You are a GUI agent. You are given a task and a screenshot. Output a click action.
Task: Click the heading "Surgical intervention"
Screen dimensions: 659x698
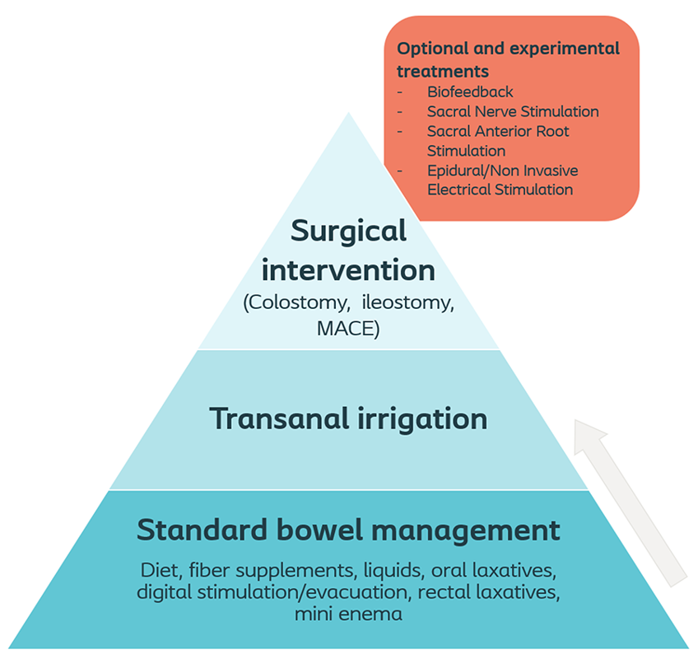pyautogui.click(x=349, y=250)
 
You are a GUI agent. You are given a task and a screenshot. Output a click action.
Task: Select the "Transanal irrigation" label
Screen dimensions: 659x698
pyautogui.click(x=348, y=418)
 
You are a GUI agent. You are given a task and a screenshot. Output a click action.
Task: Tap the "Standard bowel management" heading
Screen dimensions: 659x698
pyautogui.click(x=348, y=530)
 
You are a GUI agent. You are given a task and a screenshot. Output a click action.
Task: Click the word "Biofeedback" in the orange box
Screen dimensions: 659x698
pyautogui.click(x=470, y=91)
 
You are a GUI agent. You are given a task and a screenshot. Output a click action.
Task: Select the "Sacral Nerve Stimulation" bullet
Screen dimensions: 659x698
pyautogui.click(x=513, y=111)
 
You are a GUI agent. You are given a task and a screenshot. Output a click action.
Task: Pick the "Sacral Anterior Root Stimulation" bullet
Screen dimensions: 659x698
pyautogui.click(x=497, y=141)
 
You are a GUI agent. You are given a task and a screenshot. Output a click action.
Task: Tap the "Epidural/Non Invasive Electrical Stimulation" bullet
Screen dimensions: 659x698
pyautogui.click(x=501, y=180)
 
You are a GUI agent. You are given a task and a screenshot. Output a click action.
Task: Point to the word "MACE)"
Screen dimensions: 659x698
pyautogui.click(x=348, y=329)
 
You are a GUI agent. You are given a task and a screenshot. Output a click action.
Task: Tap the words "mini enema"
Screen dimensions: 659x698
pyautogui.click(x=348, y=614)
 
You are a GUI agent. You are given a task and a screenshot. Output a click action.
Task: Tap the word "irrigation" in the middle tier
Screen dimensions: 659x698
pyautogui.click(x=427, y=418)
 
